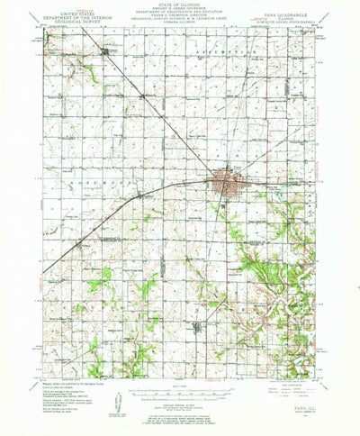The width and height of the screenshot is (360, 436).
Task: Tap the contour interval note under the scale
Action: coord(180,403)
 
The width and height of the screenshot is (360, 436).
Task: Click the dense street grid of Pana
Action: coord(221,186)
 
